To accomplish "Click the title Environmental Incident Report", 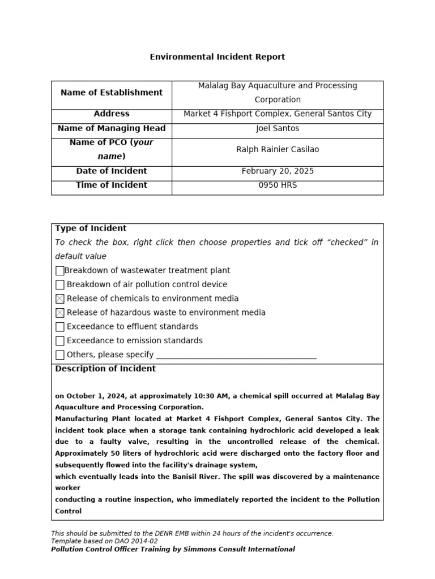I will tap(217, 57).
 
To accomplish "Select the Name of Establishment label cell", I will tap(112, 93).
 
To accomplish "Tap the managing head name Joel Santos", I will tap(278, 128).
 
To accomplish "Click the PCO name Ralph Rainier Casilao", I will tap(278, 150).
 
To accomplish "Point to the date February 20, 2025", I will tap(278, 171).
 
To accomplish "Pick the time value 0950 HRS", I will tap(278, 185).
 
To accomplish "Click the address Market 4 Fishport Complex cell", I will tap(278, 114).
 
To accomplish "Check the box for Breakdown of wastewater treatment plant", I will tap(60, 271).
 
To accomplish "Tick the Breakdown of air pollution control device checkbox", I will tap(60, 285).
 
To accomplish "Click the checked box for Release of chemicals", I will tap(60, 299).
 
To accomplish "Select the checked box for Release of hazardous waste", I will tap(60, 313).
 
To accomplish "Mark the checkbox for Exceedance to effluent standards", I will tap(60, 327).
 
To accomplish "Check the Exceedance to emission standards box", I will tap(60, 341).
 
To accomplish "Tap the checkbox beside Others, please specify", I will tap(60, 355).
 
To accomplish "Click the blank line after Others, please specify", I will tap(236, 356).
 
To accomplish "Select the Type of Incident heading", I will tap(91, 228).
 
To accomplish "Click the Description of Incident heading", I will tap(105, 369).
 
